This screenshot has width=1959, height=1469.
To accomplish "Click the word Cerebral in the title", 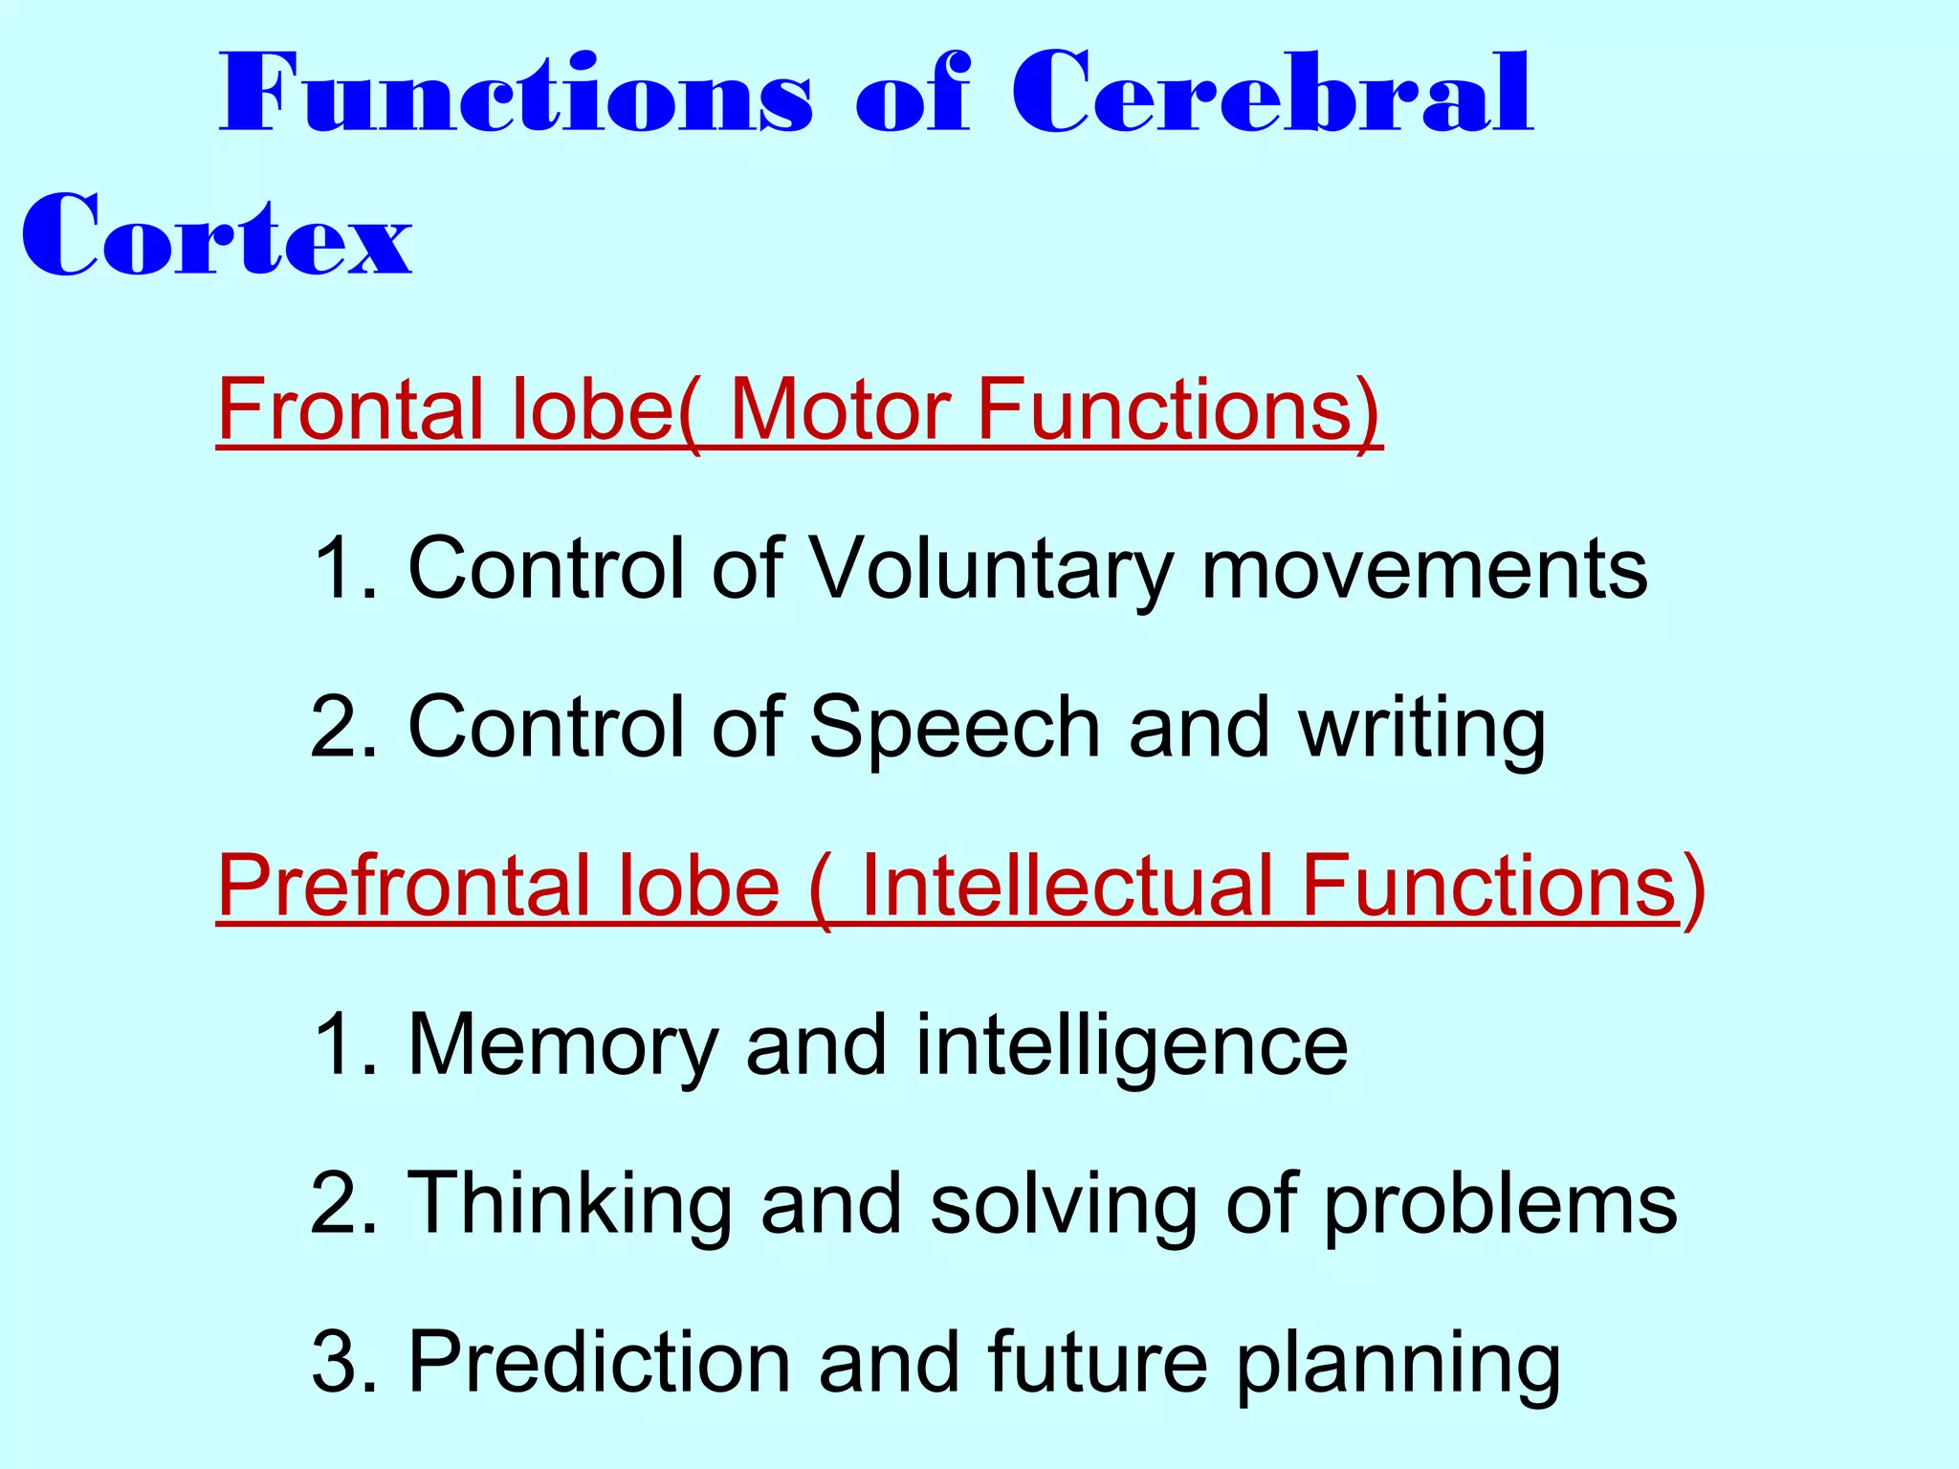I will click(1272, 96).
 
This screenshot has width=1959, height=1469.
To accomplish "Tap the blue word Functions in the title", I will click(517, 96).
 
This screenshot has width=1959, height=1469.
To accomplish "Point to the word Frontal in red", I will click(350, 409).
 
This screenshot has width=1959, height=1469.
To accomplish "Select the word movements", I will click(1424, 568).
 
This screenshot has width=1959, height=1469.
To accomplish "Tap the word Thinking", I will click(570, 1205).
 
